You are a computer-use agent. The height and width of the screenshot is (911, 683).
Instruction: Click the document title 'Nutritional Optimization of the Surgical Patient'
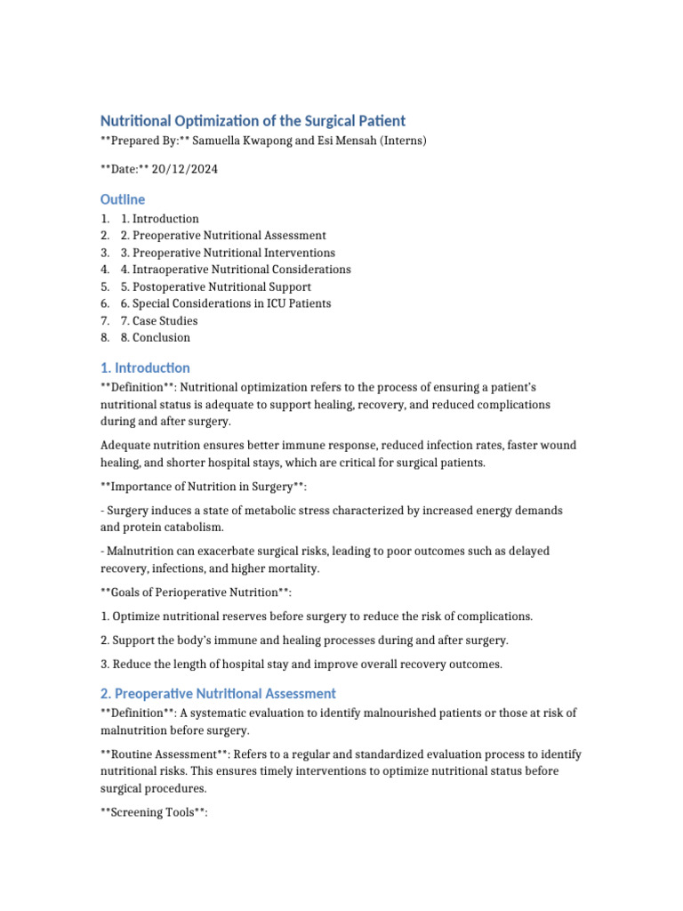253,120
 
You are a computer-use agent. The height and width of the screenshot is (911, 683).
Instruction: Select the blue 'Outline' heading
123,199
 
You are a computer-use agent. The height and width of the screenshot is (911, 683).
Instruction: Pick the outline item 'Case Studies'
165,320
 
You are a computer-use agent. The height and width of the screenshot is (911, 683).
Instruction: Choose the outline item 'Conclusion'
161,337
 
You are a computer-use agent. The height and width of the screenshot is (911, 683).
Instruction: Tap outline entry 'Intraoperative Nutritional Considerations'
241,270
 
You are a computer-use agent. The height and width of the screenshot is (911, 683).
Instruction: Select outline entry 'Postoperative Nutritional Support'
221,286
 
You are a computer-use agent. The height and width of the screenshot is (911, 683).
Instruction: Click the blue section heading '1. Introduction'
145,367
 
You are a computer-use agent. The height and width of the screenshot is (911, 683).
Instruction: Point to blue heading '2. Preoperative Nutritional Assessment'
218,693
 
